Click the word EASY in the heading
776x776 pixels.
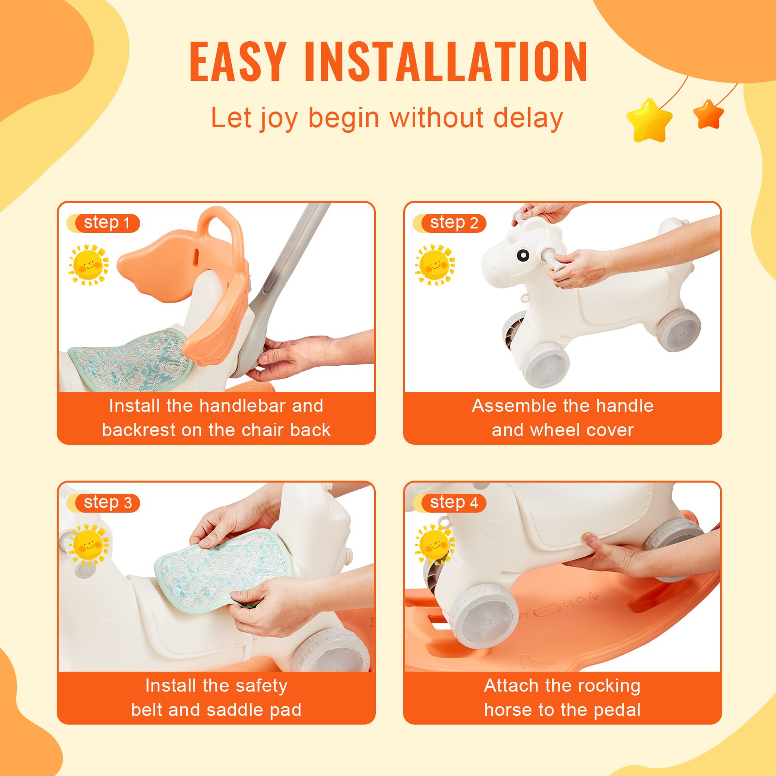(x=238, y=62)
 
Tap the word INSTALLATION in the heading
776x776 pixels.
(x=446, y=62)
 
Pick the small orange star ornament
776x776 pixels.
(x=708, y=114)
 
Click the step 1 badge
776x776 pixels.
(x=107, y=223)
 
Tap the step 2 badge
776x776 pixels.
(x=453, y=223)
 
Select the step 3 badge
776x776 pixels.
(x=107, y=503)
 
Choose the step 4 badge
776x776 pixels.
(x=453, y=503)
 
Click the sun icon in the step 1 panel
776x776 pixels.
(x=88, y=265)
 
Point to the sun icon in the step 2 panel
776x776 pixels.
(x=435, y=265)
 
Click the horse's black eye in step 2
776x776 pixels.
(x=523, y=255)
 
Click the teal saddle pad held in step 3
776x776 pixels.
(x=218, y=567)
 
